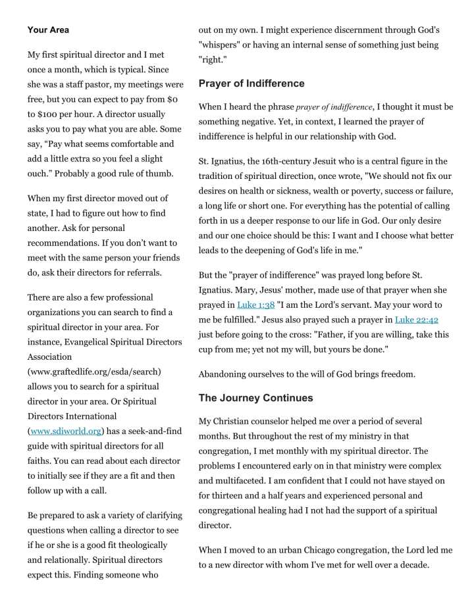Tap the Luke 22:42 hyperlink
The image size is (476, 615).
click(x=417, y=320)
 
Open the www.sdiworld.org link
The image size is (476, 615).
click(x=66, y=431)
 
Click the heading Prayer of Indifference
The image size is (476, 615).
click(x=251, y=84)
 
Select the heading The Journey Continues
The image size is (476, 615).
click(x=255, y=398)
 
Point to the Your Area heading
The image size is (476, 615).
click(x=48, y=30)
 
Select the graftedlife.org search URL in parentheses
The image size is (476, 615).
click(x=94, y=372)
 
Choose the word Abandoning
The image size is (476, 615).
click(x=225, y=374)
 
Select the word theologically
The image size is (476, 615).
click(x=138, y=545)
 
